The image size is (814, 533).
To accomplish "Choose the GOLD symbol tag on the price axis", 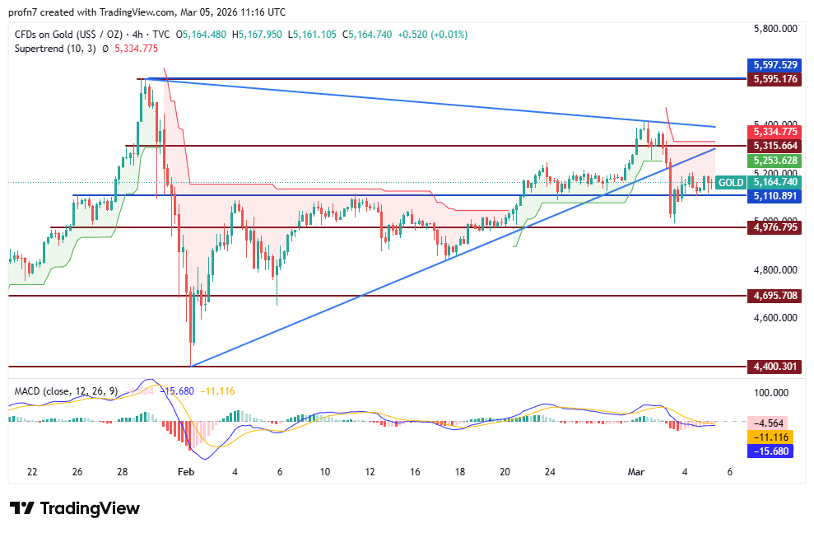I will [x=730, y=182].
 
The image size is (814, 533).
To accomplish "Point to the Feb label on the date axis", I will [x=186, y=472].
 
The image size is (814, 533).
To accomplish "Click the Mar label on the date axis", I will [x=635, y=472].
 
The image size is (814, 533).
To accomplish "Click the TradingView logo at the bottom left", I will [x=74, y=508].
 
